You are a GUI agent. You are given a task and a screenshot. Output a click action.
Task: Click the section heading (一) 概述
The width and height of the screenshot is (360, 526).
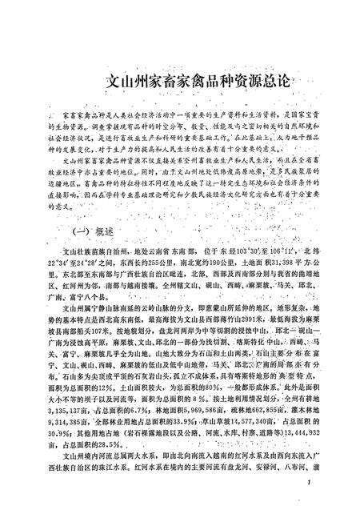[x=94, y=228]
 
